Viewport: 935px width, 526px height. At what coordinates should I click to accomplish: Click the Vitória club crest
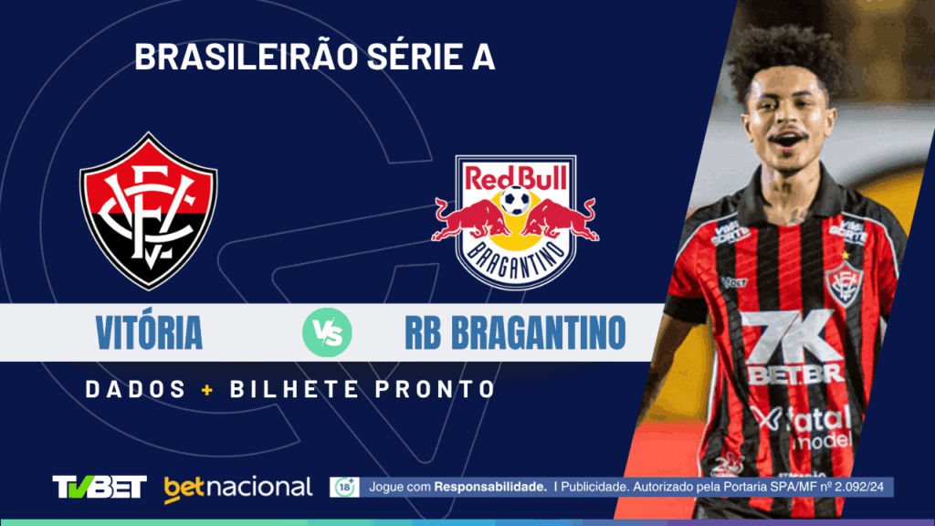148,211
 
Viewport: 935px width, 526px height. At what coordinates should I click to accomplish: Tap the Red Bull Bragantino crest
515,222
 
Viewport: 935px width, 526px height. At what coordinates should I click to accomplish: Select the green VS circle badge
327,333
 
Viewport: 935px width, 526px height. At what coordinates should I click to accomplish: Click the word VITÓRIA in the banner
149,333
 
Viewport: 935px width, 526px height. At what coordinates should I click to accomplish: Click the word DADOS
136,389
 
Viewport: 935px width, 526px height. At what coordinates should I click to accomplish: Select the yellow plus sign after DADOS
207,389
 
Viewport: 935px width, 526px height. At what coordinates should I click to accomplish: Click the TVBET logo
100,487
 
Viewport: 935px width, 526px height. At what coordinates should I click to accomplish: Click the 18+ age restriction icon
344,487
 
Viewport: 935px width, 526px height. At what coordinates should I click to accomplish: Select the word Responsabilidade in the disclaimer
490,487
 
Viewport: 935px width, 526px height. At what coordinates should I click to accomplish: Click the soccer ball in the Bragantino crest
515,199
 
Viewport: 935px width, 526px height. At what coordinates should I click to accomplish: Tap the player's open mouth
785,140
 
